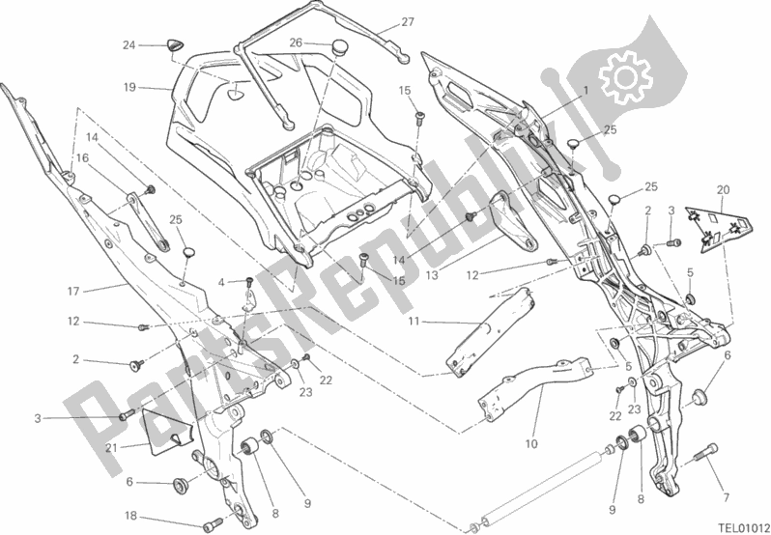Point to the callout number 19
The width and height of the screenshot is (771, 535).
click(128, 86)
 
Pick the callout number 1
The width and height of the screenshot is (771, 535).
click(585, 91)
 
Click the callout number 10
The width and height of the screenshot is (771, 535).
click(529, 444)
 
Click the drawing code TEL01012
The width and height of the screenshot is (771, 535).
click(731, 525)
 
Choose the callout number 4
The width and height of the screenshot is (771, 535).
click(220, 282)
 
